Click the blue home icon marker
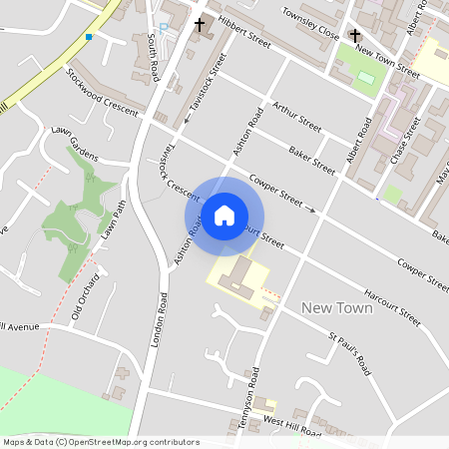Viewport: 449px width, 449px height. tap(224, 216)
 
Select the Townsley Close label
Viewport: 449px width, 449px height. tap(310, 33)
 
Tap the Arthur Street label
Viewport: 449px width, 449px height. tap(296, 118)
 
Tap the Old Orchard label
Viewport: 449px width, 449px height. tap(87, 296)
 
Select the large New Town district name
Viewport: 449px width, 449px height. tap(336, 308)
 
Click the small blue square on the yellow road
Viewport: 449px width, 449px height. tap(89, 37)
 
